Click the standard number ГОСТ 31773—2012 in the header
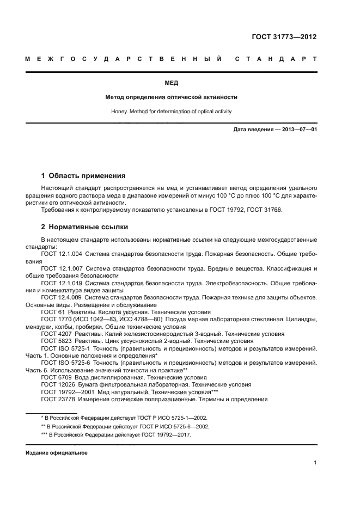283,37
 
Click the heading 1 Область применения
83,176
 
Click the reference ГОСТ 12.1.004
62,254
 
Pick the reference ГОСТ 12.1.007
62,269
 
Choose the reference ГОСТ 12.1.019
62,284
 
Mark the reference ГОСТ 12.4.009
62,298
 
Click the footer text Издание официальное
57,452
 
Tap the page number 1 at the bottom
315,463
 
